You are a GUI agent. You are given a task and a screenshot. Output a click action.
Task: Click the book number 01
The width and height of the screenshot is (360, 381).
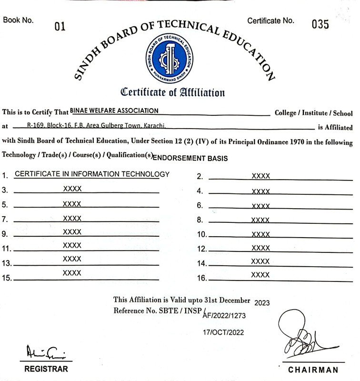tap(60, 27)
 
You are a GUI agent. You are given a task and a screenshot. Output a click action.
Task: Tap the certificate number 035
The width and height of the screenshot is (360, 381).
tap(320, 24)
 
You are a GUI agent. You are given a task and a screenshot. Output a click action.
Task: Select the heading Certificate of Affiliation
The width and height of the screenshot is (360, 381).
tap(172, 92)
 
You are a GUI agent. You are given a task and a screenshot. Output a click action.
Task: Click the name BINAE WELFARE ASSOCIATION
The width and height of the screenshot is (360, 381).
tap(114, 110)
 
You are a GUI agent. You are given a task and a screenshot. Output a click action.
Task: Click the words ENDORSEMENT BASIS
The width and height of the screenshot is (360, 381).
tap(190, 158)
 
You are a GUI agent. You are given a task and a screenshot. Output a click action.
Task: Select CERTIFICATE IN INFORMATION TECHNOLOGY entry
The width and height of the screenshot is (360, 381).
tap(92, 174)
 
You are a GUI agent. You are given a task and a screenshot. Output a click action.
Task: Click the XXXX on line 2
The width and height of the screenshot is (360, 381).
tap(260, 176)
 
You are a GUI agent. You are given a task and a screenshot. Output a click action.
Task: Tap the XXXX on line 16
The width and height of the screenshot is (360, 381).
tap(260, 275)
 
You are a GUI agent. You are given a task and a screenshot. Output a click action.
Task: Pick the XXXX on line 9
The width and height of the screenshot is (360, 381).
tap(72, 232)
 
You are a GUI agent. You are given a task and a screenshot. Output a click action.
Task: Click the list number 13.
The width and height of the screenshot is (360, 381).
tap(7, 263)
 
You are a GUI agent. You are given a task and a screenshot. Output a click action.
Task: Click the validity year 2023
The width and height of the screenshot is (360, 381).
tap(262, 303)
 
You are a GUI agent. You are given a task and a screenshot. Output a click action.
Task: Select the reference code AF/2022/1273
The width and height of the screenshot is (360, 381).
tap(224, 315)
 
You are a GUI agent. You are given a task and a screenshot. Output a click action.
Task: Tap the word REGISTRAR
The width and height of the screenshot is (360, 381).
tap(46, 369)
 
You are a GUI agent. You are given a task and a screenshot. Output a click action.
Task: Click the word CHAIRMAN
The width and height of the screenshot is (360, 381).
tap(313, 370)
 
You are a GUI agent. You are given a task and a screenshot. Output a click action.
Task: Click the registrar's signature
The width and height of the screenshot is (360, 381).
tap(45, 353)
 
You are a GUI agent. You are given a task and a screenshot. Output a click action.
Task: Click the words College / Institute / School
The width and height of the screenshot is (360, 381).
tap(313, 113)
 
